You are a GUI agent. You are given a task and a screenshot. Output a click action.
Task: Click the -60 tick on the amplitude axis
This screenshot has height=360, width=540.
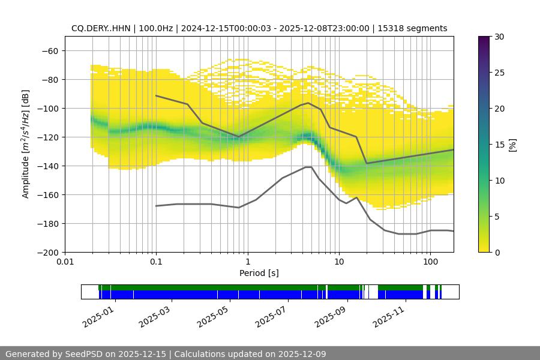(x=49, y=51)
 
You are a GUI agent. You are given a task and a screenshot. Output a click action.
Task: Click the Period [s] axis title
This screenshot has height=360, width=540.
(x=259, y=273)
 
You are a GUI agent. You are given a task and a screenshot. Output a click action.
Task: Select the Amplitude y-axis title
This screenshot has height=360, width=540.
(x=25, y=144)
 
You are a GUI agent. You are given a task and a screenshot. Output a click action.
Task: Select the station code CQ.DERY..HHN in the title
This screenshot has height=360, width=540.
(x=100, y=28)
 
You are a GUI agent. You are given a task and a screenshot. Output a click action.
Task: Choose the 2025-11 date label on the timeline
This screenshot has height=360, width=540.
(x=389, y=316)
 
